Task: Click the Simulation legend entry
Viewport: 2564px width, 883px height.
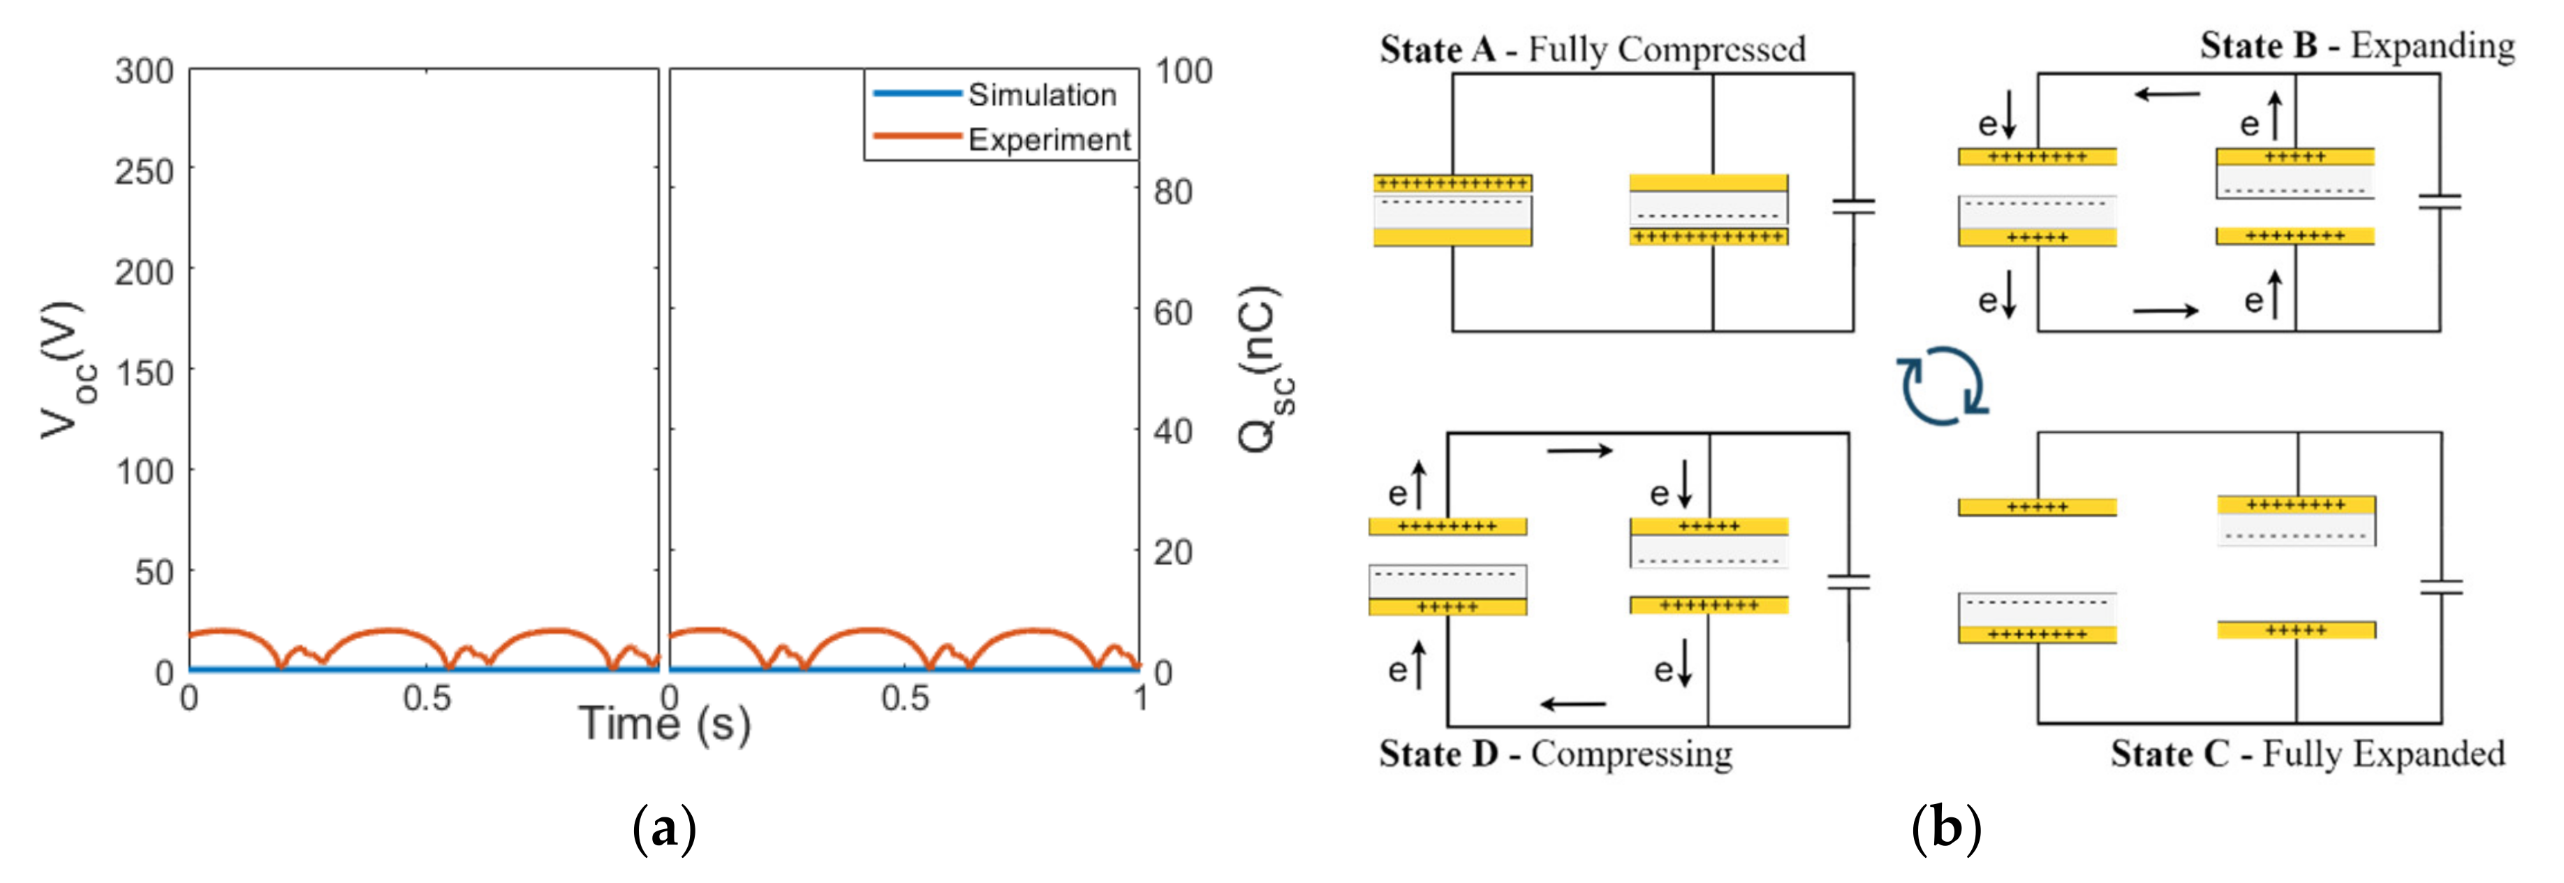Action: click(1041, 94)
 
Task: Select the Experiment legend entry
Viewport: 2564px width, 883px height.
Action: click(1048, 140)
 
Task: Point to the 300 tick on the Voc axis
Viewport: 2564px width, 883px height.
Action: click(145, 71)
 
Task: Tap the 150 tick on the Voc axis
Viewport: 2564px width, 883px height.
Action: click(145, 372)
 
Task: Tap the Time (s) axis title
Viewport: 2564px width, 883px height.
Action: click(664, 724)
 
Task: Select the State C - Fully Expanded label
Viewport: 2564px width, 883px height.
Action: click(2307, 754)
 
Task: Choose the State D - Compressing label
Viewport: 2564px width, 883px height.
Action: click(1555, 754)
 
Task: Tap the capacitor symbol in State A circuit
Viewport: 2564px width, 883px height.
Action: click(1853, 207)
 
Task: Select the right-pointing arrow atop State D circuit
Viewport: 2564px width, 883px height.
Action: click(1579, 451)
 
